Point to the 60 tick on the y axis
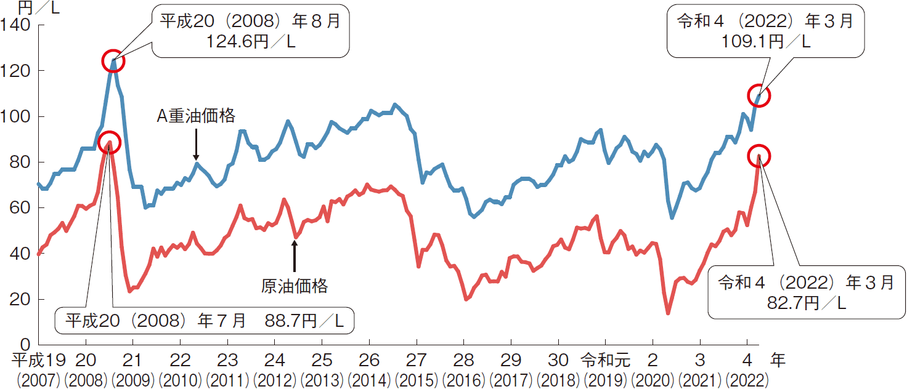(x=18, y=208)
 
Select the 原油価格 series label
(x=295, y=286)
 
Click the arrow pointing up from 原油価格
(x=295, y=255)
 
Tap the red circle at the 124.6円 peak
(x=113, y=62)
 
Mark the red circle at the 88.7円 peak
(x=110, y=142)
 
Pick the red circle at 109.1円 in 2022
(x=759, y=96)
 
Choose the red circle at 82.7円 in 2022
(x=759, y=156)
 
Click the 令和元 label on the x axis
(x=604, y=358)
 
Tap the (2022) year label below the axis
(x=747, y=377)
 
